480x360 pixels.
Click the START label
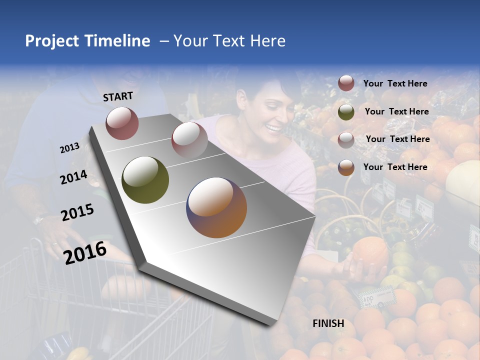[118, 96]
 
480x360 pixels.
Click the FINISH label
[328, 323]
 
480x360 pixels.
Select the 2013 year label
[70, 147]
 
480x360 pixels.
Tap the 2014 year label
[73, 177]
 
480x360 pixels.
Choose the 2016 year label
[85, 252]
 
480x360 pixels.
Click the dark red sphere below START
[122, 123]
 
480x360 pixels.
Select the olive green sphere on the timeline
[145, 180]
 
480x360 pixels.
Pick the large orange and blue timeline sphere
[216, 207]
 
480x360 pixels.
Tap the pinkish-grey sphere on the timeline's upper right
[189, 139]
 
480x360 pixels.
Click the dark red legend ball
[346, 83]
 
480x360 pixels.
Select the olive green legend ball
[346, 112]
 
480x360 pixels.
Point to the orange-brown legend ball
[346, 167]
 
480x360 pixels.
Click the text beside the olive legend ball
[396, 111]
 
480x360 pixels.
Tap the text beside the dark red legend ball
[395, 83]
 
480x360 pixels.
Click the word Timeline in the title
[117, 41]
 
